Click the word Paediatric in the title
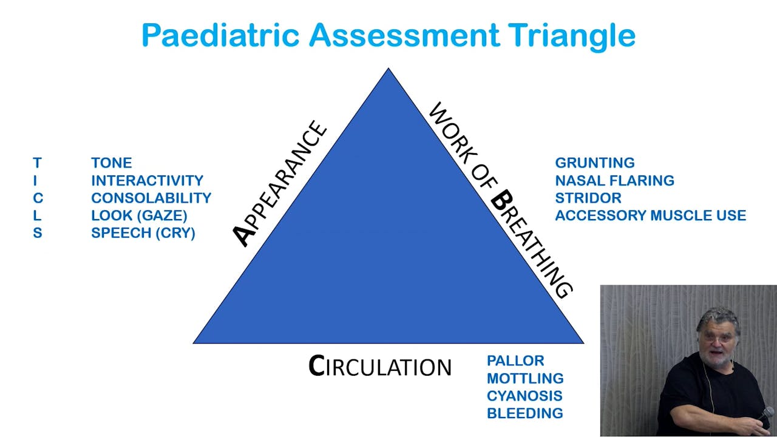point(221,35)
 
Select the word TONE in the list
point(111,163)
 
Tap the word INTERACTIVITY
point(147,180)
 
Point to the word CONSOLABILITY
point(151,198)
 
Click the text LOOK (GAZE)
point(139,215)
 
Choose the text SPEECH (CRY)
point(143,233)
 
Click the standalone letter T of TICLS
point(37,163)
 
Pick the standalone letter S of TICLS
point(37,233)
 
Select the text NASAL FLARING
point(614,180)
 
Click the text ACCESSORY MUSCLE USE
point(650,215)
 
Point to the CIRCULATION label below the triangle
point(380,367)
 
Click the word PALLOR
point(515,361)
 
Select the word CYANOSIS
point(524,396)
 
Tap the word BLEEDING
point(524,413)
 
